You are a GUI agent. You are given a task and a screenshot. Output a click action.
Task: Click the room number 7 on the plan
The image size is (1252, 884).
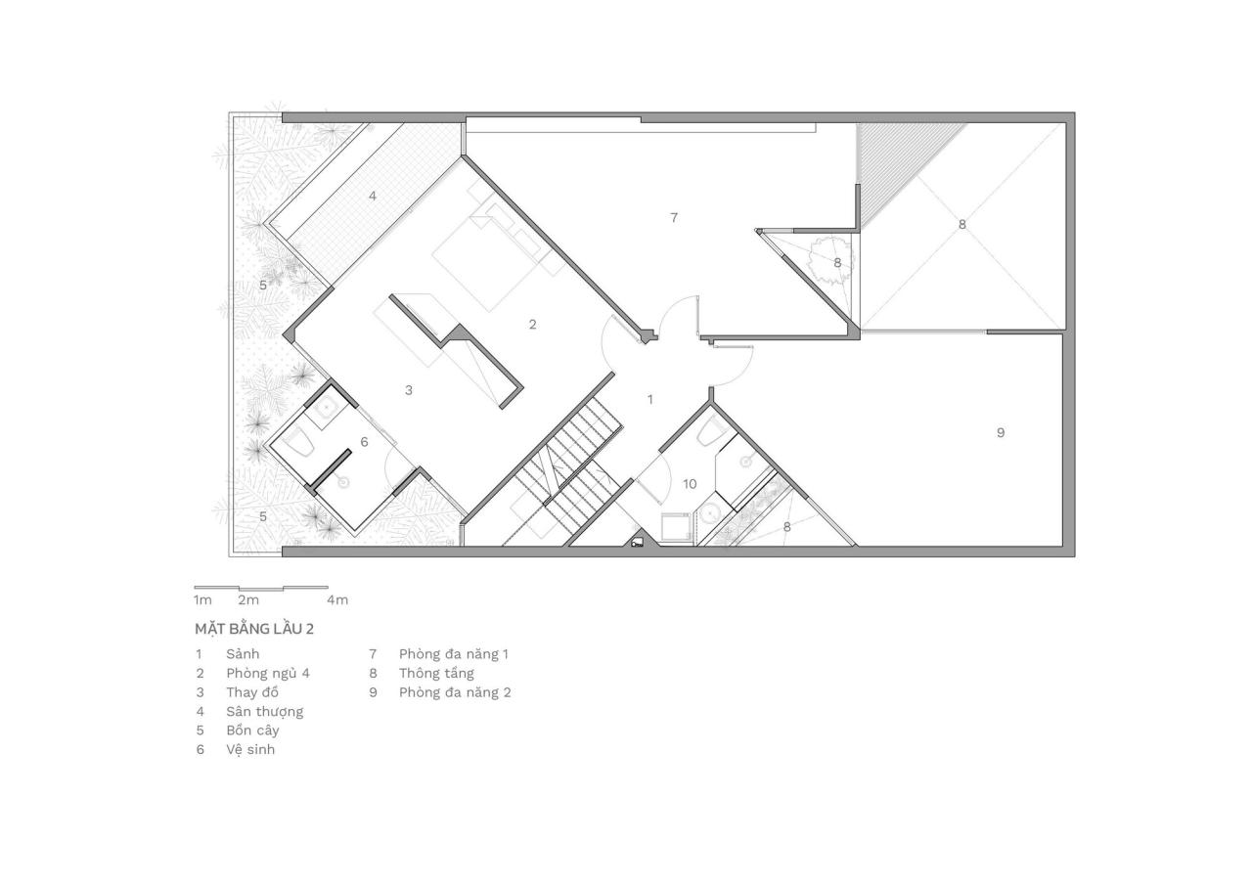click(x=674, y=218)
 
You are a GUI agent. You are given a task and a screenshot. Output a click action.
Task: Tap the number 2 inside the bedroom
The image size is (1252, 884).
click(x=532, y=325)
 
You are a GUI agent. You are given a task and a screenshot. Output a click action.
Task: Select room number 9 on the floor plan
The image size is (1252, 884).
click(x=1000, y=432)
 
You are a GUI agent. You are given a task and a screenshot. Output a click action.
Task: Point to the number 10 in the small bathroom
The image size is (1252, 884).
click(x=690, y=484)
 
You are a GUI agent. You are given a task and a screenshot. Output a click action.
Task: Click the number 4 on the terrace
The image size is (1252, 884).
click(x=373, y=196)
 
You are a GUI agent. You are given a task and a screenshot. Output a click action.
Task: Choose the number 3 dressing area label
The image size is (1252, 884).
click(x=409, y=390)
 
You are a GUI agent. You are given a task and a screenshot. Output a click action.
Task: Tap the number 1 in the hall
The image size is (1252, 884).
click(x=650, y=399)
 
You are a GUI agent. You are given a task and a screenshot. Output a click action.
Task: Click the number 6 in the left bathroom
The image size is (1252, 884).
click(x=364, y=442)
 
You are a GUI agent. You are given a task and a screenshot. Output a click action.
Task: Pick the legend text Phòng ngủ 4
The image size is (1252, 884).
click(x=267, y=673)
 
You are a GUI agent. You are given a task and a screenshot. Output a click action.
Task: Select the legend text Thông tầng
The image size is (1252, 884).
click(x=436, y=673)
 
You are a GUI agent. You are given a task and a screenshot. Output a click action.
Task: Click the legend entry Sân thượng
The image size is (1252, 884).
click(x=264, y=711)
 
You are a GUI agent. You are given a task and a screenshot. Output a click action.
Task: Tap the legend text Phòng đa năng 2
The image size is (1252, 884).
click(x=455, y=692)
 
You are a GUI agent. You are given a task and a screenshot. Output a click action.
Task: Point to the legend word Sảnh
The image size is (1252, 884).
click(x=243, y=653)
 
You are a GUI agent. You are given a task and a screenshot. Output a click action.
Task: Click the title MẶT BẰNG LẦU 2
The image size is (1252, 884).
click(x=253, y=629)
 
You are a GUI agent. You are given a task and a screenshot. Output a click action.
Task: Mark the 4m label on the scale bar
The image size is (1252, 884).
click(x=337, y=599)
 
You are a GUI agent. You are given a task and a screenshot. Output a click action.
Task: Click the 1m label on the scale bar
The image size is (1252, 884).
click(x=202, y=599)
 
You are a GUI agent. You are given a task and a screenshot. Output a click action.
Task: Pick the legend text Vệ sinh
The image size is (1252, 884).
click(x=250, y=750)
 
